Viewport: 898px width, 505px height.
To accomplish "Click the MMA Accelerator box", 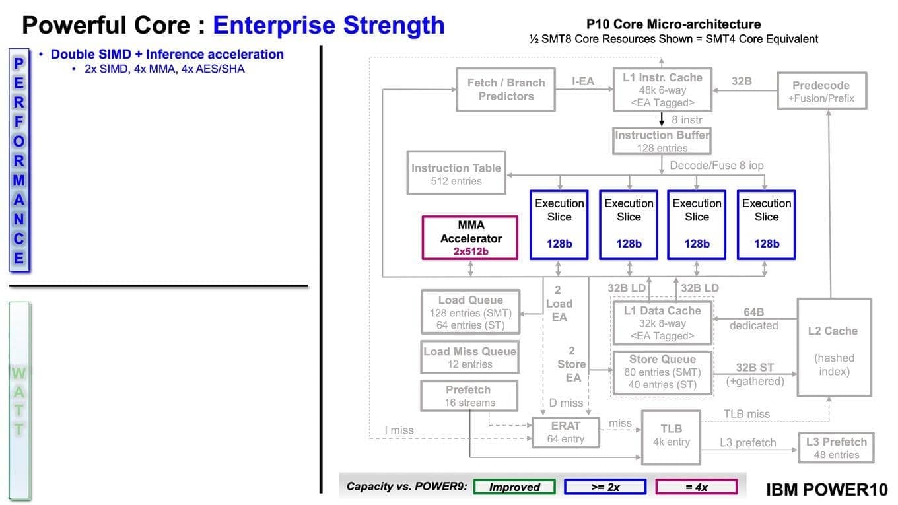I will click(470, 238).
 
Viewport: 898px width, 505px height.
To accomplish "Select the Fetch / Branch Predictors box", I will click(506, 89).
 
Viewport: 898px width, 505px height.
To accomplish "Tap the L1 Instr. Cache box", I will click(662, 89).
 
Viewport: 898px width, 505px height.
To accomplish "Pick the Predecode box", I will click(821, 91).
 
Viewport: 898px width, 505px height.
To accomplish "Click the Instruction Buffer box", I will click(662, 141).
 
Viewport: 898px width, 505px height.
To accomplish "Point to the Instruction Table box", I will click(456, 174).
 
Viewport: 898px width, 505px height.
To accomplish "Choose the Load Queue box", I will click(470, 312).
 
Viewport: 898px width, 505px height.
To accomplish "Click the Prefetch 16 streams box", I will click(469, 395).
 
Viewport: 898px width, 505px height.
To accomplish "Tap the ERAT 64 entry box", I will click(565, 432).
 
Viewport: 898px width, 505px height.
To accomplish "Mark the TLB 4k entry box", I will click(671, 435).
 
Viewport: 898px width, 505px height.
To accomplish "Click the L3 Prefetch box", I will click(836, 448).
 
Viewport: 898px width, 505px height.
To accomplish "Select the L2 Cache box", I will click(833, 347).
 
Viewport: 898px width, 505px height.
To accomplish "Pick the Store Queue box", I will click(662, 372).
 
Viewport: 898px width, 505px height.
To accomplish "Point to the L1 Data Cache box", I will click(662, 323).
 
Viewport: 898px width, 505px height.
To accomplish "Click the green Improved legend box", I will click(514, 487).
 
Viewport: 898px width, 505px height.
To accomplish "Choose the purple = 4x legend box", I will click(696, 487).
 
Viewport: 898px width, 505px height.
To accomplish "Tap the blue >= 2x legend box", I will click(605, 487).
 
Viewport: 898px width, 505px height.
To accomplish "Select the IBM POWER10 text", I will click(827, 489).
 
